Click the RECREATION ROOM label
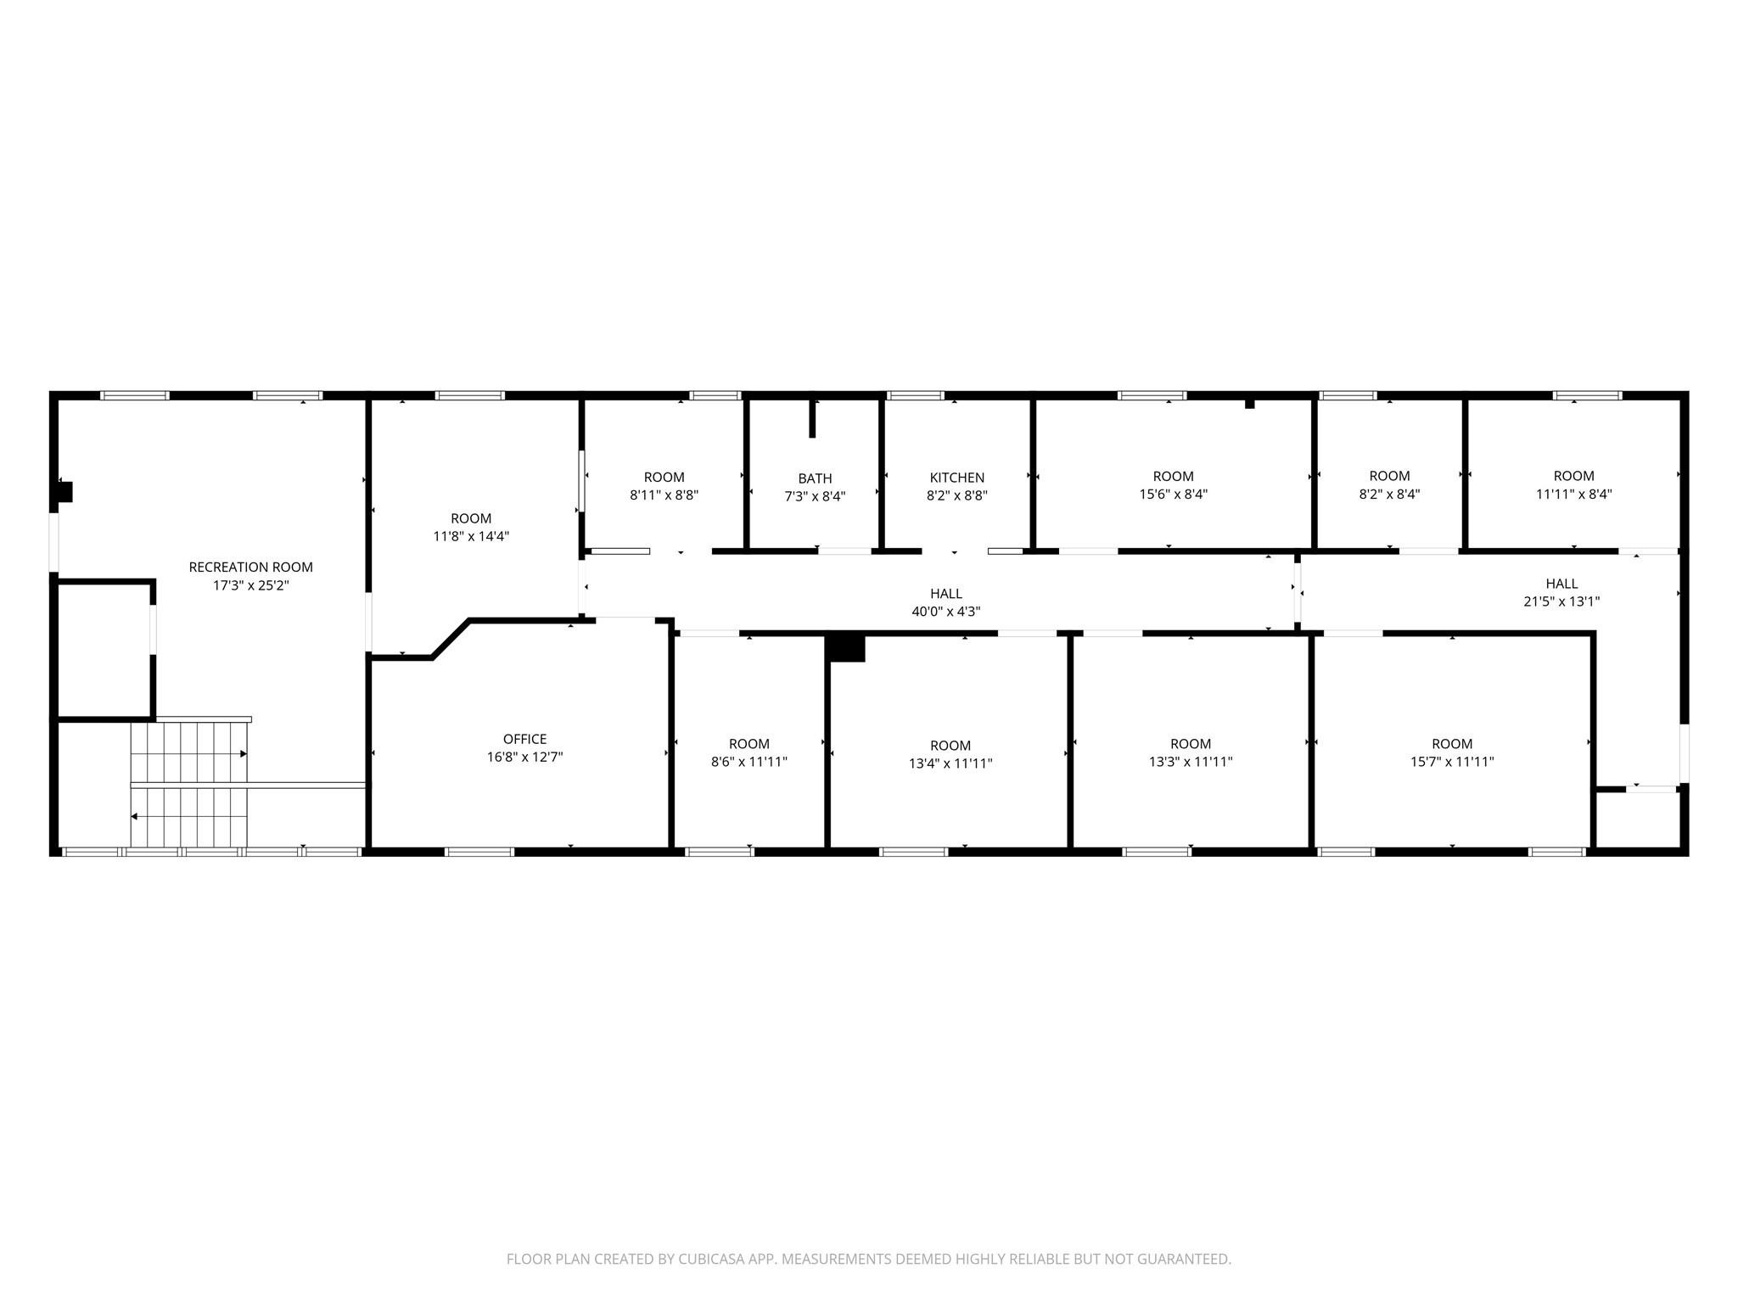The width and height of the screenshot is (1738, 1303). tap(250, 567)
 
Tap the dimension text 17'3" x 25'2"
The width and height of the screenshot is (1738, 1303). tap(250, 585)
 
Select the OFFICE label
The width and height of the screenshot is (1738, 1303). tap(524, 739)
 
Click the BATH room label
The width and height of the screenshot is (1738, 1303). tap(815, 478)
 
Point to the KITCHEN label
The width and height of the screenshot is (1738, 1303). tap(956, 478)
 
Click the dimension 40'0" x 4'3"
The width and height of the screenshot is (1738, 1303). tap(945, 612)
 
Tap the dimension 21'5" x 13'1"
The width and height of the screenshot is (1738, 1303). tap(1561, 601)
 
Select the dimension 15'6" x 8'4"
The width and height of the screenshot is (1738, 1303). tap(1173, 495)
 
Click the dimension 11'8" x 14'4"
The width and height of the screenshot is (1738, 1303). tap(470, 536)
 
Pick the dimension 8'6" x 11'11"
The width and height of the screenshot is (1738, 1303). tap(748, 762)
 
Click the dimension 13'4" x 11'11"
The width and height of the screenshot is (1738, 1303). tap(950, 763)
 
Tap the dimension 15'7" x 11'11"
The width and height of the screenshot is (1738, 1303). tap(1451, 762)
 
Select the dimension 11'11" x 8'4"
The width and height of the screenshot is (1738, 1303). tap(1573, 494)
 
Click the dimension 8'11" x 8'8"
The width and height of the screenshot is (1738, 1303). tap(664, 495)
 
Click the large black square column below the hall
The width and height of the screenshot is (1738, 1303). tap(846, 648)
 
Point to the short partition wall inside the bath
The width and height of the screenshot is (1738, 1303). tap(812, 418)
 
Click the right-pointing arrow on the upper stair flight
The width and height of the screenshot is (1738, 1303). tap(243, 753)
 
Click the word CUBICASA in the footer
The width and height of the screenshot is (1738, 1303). tap(710, 1259)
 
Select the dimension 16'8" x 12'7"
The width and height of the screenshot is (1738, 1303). tap(524, 758)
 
